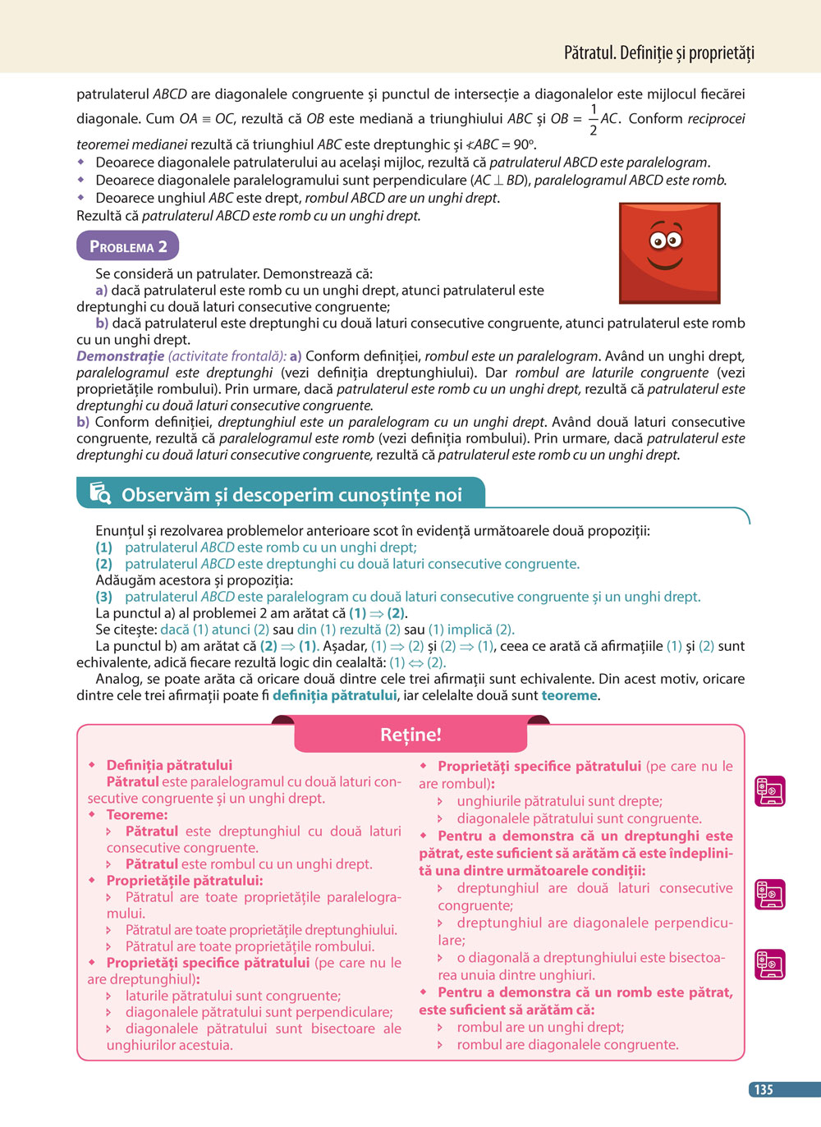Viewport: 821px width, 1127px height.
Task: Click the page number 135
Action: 764,1089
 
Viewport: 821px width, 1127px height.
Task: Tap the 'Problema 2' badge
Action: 128,246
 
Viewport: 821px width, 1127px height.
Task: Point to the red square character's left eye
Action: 658,241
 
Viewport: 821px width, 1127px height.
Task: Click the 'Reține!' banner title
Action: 410,735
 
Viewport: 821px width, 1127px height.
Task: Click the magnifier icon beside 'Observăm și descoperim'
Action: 100,492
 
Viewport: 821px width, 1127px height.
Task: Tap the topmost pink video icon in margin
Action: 770,790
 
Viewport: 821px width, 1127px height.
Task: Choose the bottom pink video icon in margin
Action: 770,964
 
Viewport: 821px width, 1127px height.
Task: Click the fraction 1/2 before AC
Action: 593,120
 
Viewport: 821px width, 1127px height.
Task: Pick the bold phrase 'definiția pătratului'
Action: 334,695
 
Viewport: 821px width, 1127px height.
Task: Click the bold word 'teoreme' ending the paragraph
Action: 569,695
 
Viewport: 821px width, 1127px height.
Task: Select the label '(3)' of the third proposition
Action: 103,597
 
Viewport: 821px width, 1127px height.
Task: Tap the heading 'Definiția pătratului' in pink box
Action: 169,765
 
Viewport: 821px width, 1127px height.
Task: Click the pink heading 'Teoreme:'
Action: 137,814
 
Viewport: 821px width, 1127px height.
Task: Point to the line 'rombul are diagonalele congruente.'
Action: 567,1045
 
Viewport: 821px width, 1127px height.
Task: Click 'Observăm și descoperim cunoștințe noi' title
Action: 291,495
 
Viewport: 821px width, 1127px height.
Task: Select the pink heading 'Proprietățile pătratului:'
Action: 184,880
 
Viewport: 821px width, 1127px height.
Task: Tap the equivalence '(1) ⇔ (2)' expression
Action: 417,662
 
